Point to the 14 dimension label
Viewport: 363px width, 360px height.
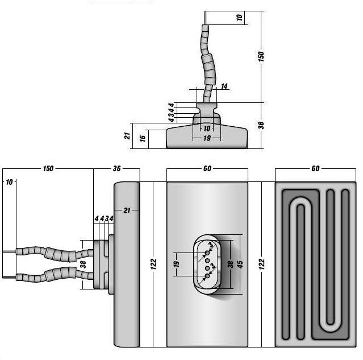[224, 86]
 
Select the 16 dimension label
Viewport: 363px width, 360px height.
[143, 137]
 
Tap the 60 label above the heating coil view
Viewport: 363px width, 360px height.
[315, 168]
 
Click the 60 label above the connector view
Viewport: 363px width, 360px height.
[207, 168]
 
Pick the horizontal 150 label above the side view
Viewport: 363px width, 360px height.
[48, 169]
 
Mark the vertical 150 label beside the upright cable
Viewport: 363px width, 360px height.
[262, 57]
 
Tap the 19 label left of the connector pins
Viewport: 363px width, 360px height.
[177, 264]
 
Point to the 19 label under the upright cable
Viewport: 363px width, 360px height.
[207, 138]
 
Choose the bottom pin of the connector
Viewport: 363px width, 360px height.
[207, 276]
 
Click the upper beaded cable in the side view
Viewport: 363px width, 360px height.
[54, 251]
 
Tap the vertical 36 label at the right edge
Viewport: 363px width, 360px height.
[261, 125]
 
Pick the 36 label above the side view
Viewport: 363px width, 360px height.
[117, 169]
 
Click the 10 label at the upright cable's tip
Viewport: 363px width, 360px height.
[240, 18]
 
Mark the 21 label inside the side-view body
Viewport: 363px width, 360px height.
[127, 211]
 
